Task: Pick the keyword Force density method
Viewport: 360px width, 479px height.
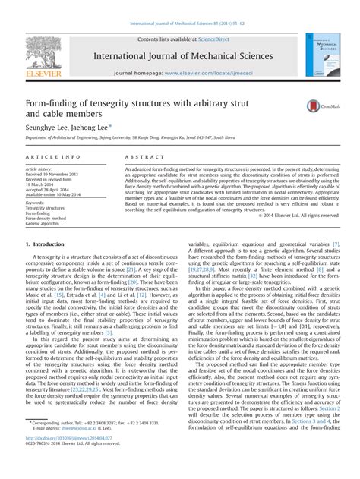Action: [x=46, y=219]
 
